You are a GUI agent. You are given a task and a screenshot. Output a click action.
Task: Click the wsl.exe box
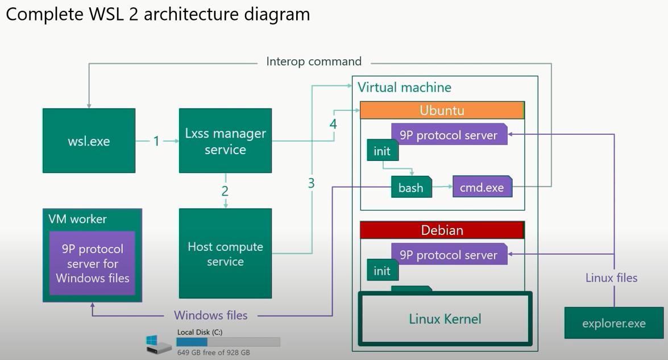click(x=89, y=140)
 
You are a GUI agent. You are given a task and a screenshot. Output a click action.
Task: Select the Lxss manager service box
click(x=225, y=140)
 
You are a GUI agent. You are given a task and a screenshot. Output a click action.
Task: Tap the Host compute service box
click(x=225, y=254)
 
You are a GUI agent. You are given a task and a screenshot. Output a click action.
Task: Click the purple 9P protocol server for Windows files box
click(x=92, y=263)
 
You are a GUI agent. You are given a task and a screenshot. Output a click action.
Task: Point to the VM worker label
click(x=77, y=220)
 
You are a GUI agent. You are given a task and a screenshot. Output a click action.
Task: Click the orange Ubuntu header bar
click(x=442, y=110)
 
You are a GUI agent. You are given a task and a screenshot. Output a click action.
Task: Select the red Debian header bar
click(x=442, y=230)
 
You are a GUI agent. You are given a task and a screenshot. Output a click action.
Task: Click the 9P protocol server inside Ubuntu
click(x=449, y=135)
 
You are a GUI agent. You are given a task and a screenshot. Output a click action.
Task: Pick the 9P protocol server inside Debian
click(x=449, y=255)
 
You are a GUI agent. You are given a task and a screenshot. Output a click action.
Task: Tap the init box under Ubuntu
click(x=382, y=151)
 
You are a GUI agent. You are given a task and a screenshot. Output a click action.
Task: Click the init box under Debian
click(x=382, y=271)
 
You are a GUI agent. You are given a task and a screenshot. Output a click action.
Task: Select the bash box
click(x=410, y=188)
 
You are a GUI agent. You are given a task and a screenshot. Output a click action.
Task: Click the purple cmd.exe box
click(x=482, y=187)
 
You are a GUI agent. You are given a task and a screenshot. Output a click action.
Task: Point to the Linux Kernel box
click(x=445, y=318)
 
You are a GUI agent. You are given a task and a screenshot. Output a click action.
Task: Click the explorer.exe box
click(x=613, y=323)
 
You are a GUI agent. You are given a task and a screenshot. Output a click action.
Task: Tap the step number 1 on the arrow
click(x=156, y=140)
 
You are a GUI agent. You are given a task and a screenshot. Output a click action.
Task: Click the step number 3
click(x=311, y=183)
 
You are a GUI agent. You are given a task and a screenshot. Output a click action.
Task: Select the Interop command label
click(x=314, y=61)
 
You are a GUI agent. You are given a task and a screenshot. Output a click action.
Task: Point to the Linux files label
click(x=611, y=278)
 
